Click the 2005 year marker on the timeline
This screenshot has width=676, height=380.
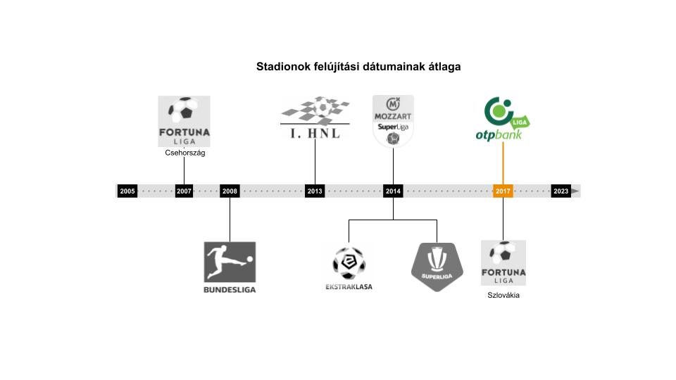127,191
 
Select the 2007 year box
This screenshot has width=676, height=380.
184,191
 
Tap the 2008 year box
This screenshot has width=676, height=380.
230,191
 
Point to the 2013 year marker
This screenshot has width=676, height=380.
315,191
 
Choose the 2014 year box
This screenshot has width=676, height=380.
393,191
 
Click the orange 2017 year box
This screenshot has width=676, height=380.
503,191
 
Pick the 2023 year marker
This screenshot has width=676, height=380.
561,191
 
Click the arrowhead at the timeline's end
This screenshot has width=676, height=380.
575,191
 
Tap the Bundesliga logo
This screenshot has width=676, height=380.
230,267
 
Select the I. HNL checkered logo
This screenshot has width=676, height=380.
315,118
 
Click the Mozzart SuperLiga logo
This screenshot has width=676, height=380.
393,121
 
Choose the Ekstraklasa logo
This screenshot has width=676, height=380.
349,267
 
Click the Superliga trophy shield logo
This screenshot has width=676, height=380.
437,266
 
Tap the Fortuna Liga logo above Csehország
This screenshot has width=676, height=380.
184,121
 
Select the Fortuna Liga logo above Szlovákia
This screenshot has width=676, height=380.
503,262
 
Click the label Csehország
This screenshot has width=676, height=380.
184,153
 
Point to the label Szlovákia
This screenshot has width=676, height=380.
503,295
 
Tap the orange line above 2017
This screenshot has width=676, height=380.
503,165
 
